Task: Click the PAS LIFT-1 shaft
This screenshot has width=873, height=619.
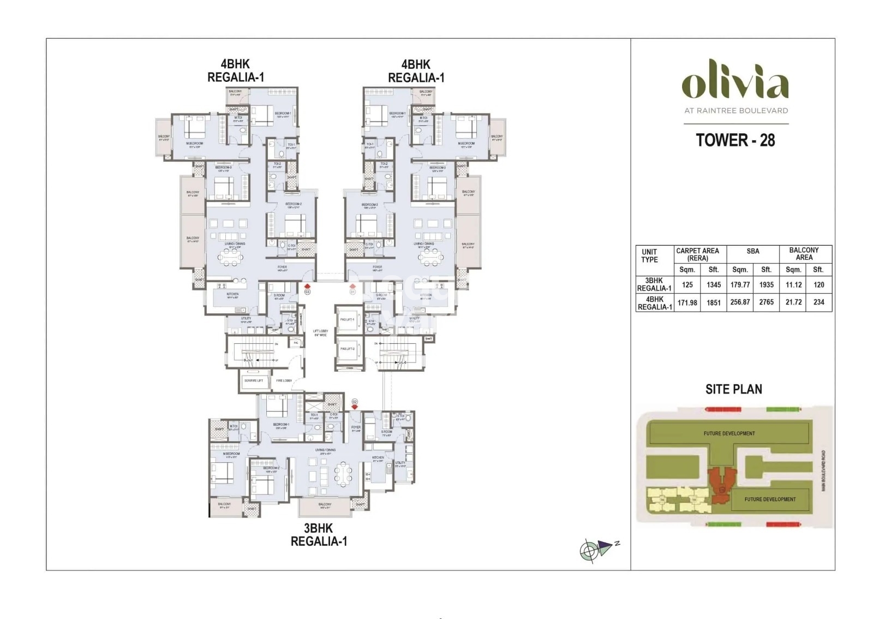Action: click(347, 320)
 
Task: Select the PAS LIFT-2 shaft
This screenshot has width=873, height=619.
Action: click(347, 349)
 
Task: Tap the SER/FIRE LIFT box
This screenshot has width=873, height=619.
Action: click(254, 380)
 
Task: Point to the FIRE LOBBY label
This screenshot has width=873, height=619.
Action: click(284, 380)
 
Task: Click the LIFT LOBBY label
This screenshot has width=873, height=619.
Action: click(320, 332)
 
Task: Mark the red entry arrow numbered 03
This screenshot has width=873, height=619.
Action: click(307, 286)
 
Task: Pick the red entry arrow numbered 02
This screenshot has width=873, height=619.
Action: click(355, 407)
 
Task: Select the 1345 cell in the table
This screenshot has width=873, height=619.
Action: click(713, 284)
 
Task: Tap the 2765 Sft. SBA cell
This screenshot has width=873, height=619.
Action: click(766, 302)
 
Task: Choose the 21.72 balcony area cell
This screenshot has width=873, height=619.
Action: click(793, 302)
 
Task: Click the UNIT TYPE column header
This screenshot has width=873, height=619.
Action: click(649, 255)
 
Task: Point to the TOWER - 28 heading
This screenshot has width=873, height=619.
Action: click(735, 140)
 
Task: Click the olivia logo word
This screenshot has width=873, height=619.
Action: click(735, 85)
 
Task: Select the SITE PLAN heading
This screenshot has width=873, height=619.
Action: click(733, 389)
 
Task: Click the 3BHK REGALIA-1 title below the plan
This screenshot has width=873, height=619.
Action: click(319, 535)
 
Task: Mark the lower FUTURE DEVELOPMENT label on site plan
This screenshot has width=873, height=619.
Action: click(770, 499)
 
